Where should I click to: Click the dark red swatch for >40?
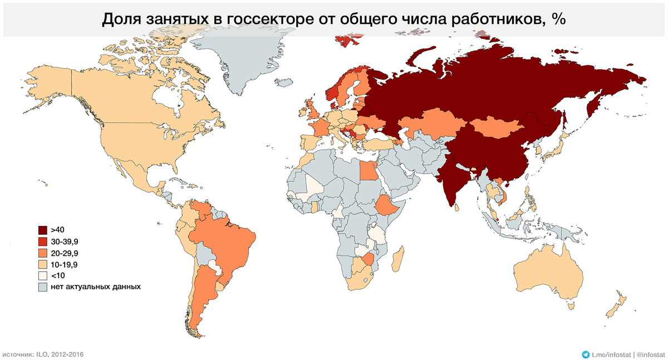tap(42, 230)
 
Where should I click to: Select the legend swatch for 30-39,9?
tap(42, 241)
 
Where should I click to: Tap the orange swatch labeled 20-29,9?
tap(42, 253)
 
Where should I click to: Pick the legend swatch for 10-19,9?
tap(42, 264)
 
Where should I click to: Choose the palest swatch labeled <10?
tap(42, 276)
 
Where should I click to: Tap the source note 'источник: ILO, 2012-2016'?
tap(43, 354)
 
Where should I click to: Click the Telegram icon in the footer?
tap(585, 354)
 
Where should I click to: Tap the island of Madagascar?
tap(396, 260)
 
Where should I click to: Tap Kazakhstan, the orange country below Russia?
tap(429, 125)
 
